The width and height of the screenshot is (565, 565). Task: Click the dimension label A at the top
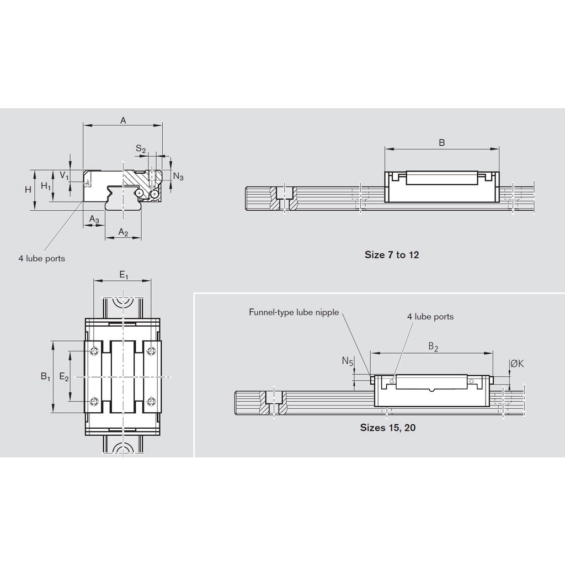(x=123, y=120)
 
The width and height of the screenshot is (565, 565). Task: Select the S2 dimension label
(x=141, y=149)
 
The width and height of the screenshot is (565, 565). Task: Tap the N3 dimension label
(x=178, y=177)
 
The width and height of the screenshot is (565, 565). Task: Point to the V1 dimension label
(x=65, y=175)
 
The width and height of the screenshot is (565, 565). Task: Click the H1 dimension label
(x=46, y=187)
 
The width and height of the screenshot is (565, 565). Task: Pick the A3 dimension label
(x=94, y=220)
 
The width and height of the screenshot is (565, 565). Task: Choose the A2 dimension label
(x=123, y=233)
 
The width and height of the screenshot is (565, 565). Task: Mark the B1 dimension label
(x=45, y=377)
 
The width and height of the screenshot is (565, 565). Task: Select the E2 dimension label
(x=64, y=377)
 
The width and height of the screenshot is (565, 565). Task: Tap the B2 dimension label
(x=434, y=347)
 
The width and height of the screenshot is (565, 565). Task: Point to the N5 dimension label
(x=347, y=361)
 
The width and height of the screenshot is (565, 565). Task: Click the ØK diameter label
(x=517, y=364)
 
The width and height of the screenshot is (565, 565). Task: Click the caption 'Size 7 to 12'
(x=392, y=255)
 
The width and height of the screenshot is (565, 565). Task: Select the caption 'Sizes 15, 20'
(x=388, y=427)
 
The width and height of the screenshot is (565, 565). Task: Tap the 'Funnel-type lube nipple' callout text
(x=294, y=312)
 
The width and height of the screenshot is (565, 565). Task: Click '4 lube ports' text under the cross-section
(x=41, y=258)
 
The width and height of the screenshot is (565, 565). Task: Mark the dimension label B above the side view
(x=442, y=143)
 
